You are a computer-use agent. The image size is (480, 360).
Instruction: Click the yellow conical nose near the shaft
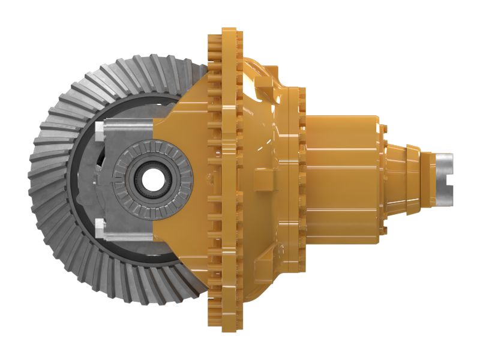[408, 171]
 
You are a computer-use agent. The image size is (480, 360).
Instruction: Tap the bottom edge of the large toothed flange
[223, 324]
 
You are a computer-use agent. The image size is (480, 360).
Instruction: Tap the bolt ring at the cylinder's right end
[382, 174]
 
